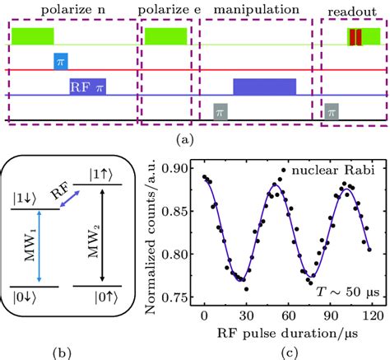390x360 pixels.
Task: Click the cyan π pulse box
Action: point(60,60)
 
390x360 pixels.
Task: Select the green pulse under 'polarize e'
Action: point(165,35)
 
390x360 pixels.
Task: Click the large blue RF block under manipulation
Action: point(264,86)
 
